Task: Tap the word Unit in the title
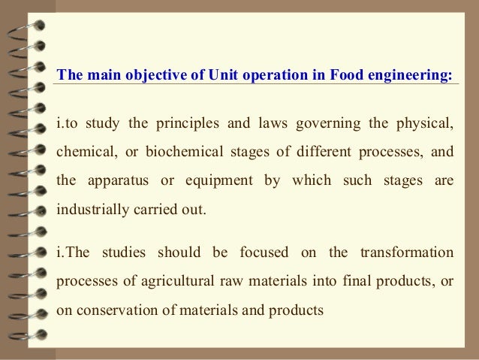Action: (x=203, y=75)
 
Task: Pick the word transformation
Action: (x=407, y=252)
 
